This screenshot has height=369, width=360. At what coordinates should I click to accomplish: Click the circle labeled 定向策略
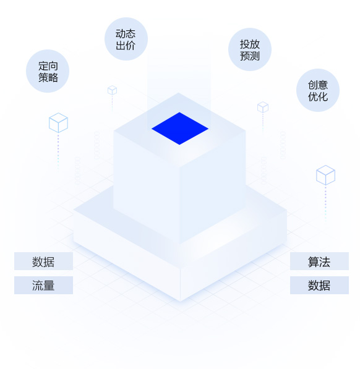[48, 71]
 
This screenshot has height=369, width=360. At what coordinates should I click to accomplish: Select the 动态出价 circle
[126, 39]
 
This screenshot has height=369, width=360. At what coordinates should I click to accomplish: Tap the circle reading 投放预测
[250, 49]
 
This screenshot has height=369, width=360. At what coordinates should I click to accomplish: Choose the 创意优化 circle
[318, 90]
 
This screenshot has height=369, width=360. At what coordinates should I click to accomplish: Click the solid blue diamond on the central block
[180, 129]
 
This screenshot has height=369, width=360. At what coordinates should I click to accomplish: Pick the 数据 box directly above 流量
[43, 261]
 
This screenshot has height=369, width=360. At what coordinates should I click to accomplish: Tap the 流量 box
[43, 285]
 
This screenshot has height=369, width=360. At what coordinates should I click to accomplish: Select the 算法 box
[319, 261]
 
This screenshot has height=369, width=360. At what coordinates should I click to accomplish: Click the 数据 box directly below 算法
[319, 285]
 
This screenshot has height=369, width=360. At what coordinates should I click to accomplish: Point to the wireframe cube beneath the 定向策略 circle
[58, 122]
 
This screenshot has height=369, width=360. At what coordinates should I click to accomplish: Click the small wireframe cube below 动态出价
[112, 90]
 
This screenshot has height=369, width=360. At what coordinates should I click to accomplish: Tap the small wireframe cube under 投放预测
[263, 107]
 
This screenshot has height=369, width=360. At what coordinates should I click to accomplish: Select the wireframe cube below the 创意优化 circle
[325, 175]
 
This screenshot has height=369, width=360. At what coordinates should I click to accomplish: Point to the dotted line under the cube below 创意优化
[325, 204]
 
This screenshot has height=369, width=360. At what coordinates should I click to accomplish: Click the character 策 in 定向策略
[43, 77]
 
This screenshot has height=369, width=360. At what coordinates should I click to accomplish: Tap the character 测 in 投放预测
[255, 56]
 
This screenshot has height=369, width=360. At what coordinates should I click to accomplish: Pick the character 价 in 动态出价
[131, 45]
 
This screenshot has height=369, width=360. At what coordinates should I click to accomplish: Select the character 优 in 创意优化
[313, 96]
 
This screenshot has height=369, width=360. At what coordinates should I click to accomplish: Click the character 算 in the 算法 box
[314, 261]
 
